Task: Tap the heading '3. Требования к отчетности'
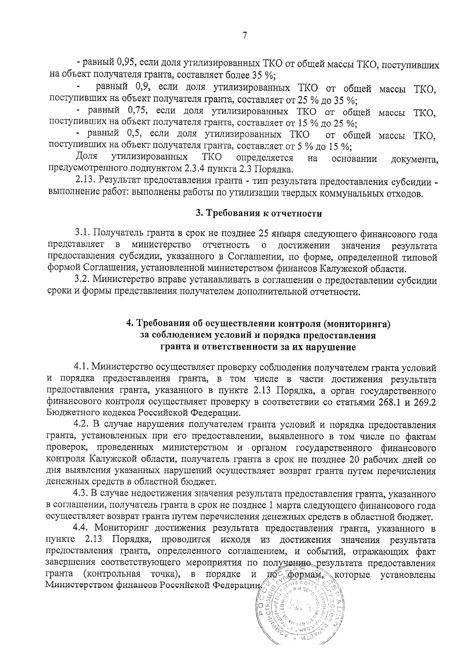point(259,213)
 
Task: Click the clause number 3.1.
point(82,233)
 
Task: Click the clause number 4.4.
point(83,529)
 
